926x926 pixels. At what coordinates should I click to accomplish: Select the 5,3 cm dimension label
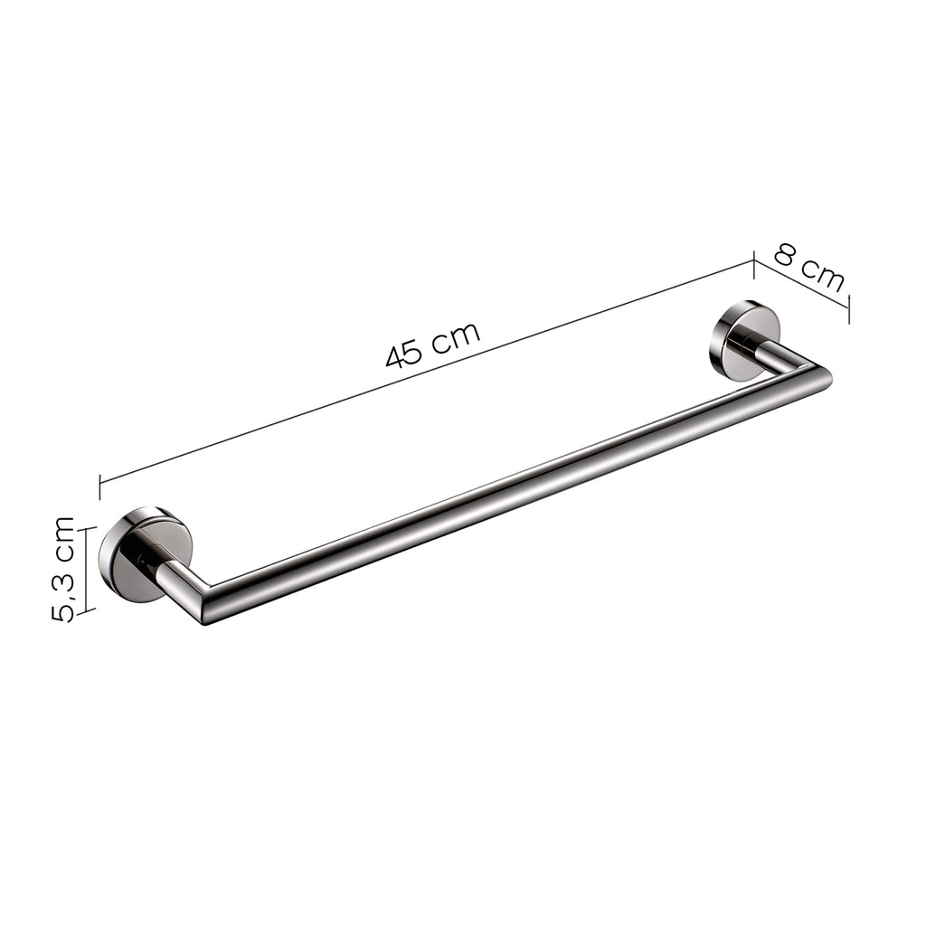[63, 569]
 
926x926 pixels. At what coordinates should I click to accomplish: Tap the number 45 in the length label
[403, 354]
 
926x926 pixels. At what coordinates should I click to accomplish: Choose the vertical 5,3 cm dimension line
[85, 570]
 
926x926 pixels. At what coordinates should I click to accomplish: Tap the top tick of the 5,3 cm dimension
[85, 529]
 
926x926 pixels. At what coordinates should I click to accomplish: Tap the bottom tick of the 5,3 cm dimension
[85, 611]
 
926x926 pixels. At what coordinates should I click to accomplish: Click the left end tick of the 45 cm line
[99, 485]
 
